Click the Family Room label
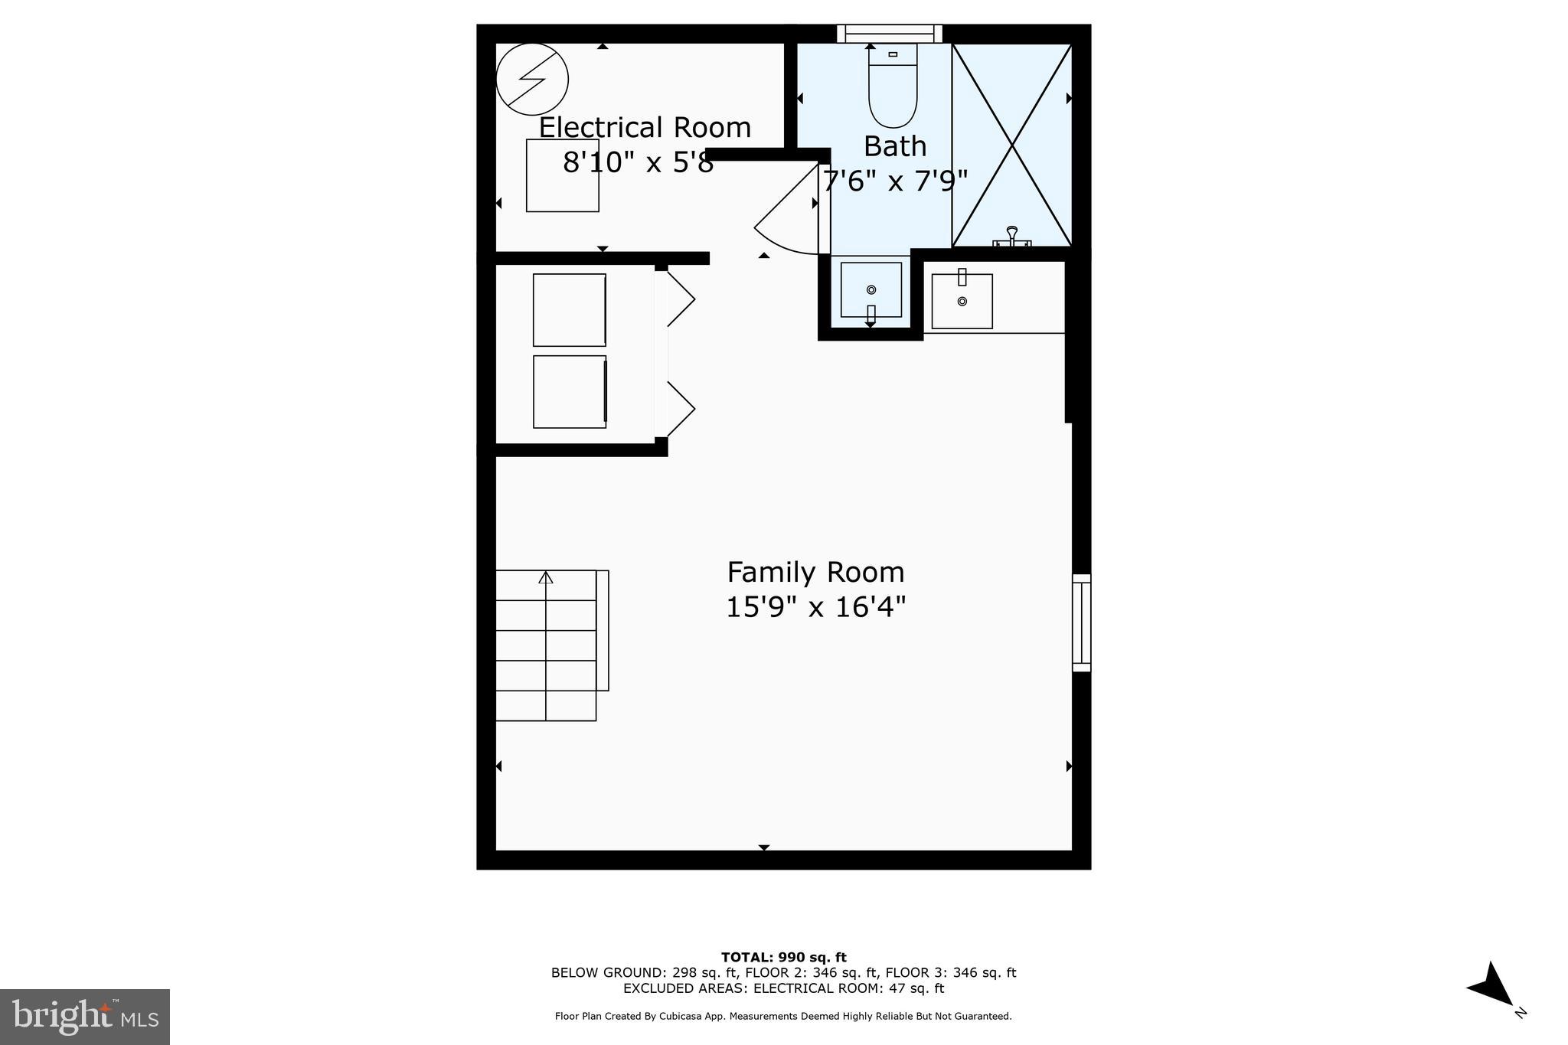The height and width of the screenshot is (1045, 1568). point(815,573)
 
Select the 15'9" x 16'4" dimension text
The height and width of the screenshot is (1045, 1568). point(815,608)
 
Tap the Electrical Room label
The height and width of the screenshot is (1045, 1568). point(645,127)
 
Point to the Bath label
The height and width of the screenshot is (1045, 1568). point(894,146)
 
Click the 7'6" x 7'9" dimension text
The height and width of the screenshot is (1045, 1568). point(894,181)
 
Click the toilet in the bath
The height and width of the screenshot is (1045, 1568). point(893,86)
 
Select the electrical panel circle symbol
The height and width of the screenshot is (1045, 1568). point(532,80)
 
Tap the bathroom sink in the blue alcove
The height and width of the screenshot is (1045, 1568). point(871,289)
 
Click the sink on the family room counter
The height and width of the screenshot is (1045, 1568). point(962,301)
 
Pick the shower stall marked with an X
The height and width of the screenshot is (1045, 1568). point(1011,145)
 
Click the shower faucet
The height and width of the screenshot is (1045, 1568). point(1011,236)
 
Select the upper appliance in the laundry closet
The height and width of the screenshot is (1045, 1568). point(570,310)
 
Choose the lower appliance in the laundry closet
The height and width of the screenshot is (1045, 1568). point(570,391)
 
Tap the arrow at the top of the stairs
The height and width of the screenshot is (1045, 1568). point(545,577)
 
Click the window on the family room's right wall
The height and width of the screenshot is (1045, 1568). point(1080,622)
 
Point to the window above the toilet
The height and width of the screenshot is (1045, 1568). point(889,34)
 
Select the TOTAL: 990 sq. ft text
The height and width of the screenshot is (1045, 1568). point(783,957)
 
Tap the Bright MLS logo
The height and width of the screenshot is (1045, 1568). point(85,1017)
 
